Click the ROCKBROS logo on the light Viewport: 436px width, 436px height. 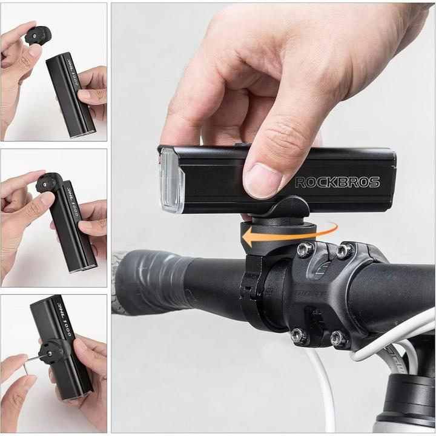(x=337, y=182)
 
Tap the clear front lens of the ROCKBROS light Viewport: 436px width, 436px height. (x=171, y=180)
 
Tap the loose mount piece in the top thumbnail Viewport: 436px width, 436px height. (x=38, y=35)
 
